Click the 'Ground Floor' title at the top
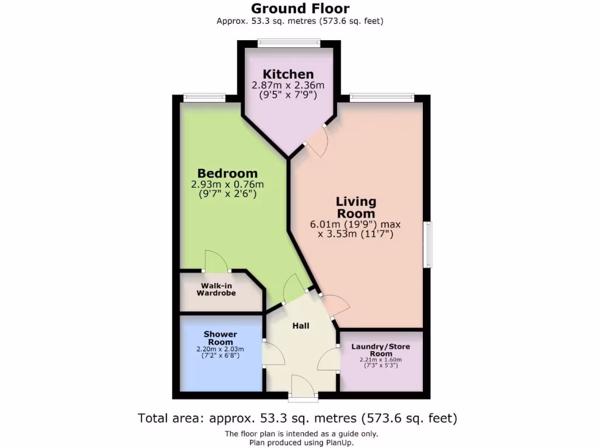click(x=300, y=9)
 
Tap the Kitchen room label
click(x=288, y=74)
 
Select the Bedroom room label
click(x=227, y=173)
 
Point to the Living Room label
click(x=356, y=207)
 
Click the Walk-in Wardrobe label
click(x=216, y=289)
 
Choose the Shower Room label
click(x=220, y=338)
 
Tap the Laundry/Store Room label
click(x=381, y=350)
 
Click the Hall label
click(x=301, y=325)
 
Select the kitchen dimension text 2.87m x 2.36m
click(x=288, y=85)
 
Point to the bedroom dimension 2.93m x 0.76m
click(x=227, y=184)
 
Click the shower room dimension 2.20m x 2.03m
click(x=220, y=349)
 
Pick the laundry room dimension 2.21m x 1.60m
click(x=381, y=360)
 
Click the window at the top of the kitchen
click(x=289, y=42)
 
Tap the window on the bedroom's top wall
click(x=204, y=97)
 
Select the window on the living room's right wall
click(x=428, y=244)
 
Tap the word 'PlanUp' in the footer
click(x=337, y=443)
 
